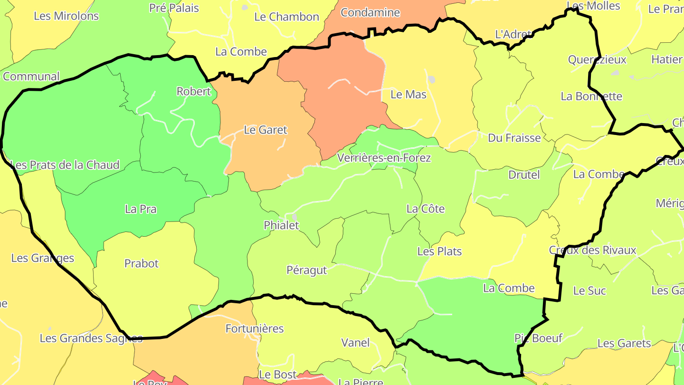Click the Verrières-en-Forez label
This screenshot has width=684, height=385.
[x=384, y=158]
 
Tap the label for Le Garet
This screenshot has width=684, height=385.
[x=266, y=129]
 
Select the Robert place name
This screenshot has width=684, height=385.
[x=193, y=91]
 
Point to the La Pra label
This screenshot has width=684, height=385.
[x=141, y=209]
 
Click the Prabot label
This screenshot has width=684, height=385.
[x=142, y=263]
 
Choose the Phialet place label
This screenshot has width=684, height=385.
[x=282, y=225]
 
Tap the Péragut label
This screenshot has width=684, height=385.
[x=307, y=270]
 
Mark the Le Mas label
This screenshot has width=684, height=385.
[x=408, y=95]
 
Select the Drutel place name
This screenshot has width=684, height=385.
[x=524, y=174]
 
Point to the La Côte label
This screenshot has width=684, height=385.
[x=426, y=209]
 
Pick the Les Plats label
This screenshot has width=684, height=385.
[x=439, y=251]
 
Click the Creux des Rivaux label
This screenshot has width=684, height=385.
[x=592, y=250]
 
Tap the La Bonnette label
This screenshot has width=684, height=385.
[x=591, y=96]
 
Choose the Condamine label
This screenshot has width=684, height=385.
[x=370, y=12]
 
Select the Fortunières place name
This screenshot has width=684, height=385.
[x=255, y=328]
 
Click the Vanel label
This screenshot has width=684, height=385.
[x=355, y=342]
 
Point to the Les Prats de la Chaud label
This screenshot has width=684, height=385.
[x=65, y=165]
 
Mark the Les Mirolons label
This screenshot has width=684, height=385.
[x=66, y=16]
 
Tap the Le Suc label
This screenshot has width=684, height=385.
[x=589, y=290]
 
